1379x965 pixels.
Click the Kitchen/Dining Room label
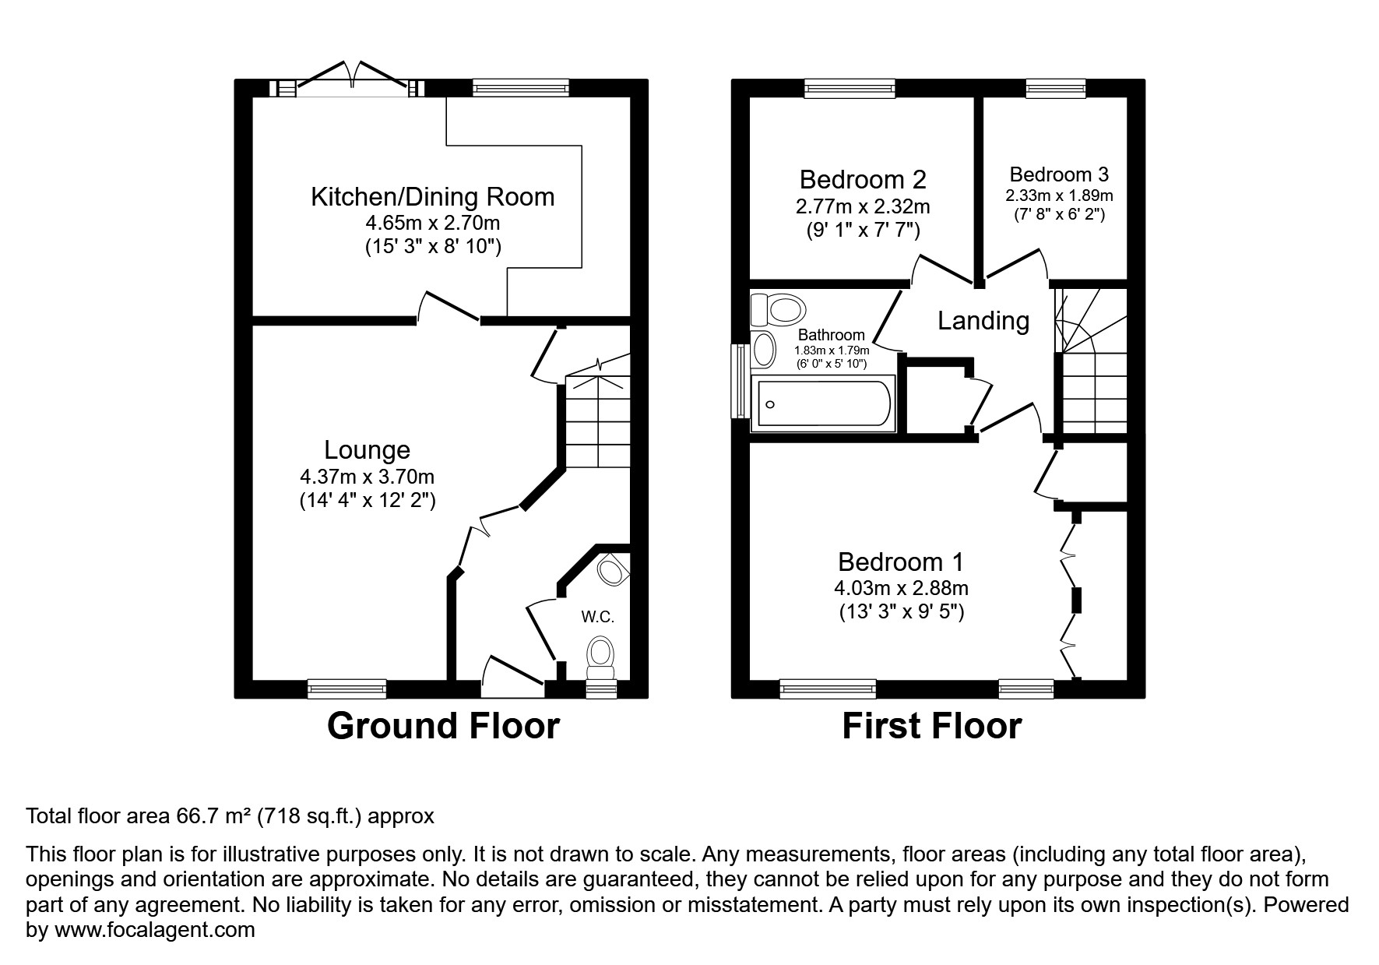(x=432, y=197)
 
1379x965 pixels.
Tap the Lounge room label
(x=367, y=450)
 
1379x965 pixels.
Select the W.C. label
(x=598, y=618)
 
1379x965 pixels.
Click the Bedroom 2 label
(x=863, y=180)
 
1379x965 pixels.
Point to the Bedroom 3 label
(x=1059, y=174)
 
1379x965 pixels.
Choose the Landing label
(x=983, y=321)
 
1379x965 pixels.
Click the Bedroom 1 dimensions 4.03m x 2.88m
(x=903, y=588)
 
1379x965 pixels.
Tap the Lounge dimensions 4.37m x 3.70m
(x=368, y=477)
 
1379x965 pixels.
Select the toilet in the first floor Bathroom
(x=776, y=310)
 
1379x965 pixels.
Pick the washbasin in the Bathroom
(x=764, y=349)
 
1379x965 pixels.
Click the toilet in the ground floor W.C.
(x=600, y=658)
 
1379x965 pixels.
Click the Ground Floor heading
(x=443, y=726)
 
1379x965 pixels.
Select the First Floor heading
(x=932, y=726)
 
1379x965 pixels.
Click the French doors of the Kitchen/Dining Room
(x=352, y=81)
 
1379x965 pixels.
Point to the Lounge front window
(x=347, y=689)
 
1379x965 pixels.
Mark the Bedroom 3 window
(x=1055, y=88)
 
